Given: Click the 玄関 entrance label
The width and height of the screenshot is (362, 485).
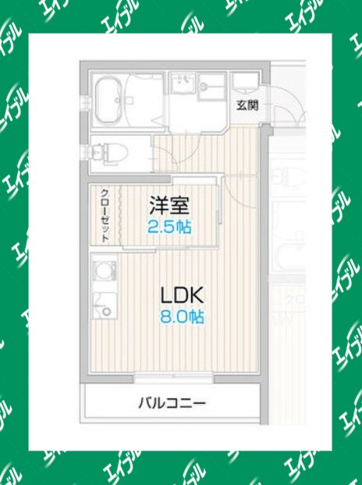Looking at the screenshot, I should click(249, 105).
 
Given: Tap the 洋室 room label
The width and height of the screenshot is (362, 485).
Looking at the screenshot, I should click(170, 207).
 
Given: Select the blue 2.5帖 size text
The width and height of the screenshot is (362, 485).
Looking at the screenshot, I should click(170, 227).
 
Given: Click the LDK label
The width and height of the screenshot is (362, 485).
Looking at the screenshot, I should click(182, 295).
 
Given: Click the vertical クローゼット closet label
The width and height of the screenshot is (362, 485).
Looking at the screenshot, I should click(104, 214).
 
